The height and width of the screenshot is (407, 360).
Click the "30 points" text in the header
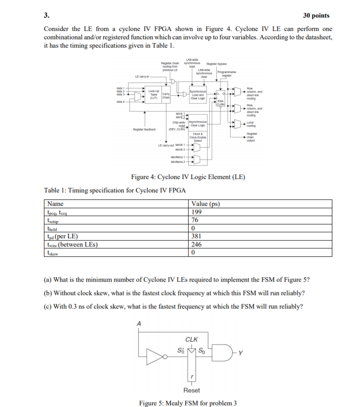(x=316, y=15)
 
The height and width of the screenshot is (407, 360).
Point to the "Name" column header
(x=55, y=204)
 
